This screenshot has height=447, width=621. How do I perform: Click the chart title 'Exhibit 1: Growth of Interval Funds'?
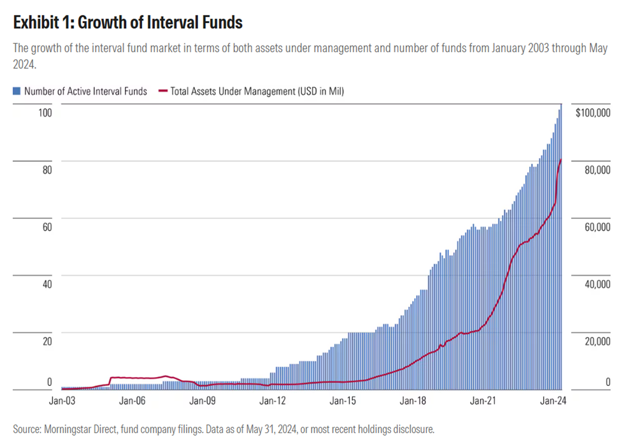click(x=128, y=23)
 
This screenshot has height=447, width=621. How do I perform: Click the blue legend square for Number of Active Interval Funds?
click(x=17, y=92)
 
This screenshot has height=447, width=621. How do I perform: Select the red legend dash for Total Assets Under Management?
click(x=159, y=92)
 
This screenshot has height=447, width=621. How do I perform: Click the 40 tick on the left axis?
click(x=45, y=285)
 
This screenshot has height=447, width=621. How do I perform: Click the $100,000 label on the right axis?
click(x=592, y=113)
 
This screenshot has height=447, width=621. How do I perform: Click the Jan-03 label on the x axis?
click(x=62, y=401)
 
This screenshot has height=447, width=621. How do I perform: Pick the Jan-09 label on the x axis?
click(x=203, y=401)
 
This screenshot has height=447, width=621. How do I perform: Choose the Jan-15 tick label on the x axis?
click(x=343, y=401)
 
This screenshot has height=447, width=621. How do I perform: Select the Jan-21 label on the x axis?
click(x=483, y=401)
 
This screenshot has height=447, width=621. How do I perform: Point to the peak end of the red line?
click(x=560, y=159)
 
